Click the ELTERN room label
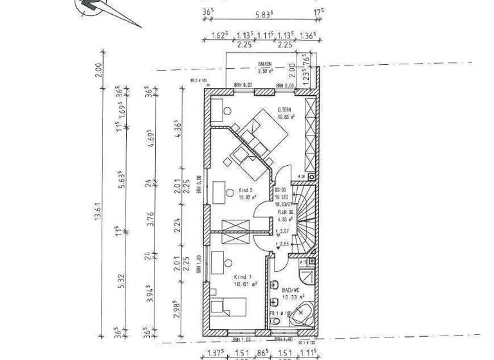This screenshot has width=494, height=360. [286, 110]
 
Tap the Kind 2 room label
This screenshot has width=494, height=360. [245, 191]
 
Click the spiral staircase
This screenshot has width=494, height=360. [302, 215]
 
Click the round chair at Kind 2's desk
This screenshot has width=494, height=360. [230, 191]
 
